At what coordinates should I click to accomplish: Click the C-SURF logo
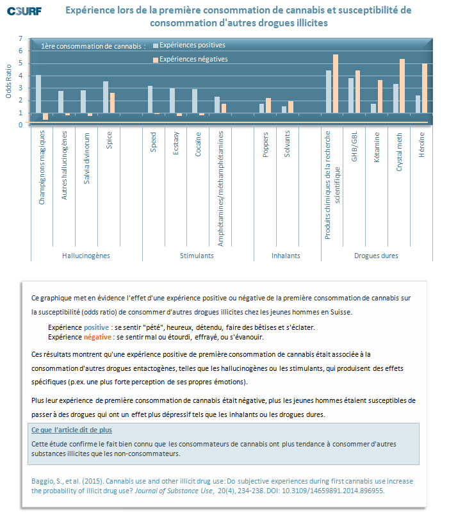[24, 11]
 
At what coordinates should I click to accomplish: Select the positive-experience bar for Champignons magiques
[38, 94]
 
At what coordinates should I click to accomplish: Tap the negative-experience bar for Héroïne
[425, 88]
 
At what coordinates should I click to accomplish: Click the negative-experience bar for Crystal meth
[402, 86]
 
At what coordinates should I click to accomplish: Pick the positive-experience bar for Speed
[150, 99]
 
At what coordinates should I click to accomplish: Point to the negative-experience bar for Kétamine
[380, 97]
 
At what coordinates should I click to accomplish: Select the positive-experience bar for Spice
[106, 97]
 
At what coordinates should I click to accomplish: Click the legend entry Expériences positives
[189, 45]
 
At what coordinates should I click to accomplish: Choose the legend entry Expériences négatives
[190, 59]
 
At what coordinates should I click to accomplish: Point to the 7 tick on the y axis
[20, 39]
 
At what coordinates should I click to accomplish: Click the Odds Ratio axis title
[8, 81]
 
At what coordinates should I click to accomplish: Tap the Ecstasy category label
[176, 143]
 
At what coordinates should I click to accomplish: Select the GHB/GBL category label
[354, 147]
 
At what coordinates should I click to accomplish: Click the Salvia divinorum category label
[86, 158]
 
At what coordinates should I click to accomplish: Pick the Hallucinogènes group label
[86, 256]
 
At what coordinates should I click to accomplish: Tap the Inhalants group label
[286, 256]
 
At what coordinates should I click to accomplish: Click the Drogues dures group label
[376, 256]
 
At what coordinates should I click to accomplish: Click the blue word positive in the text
[96, 327]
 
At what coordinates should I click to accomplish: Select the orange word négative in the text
[97, 337]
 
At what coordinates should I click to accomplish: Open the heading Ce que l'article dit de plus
[72, 430]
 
